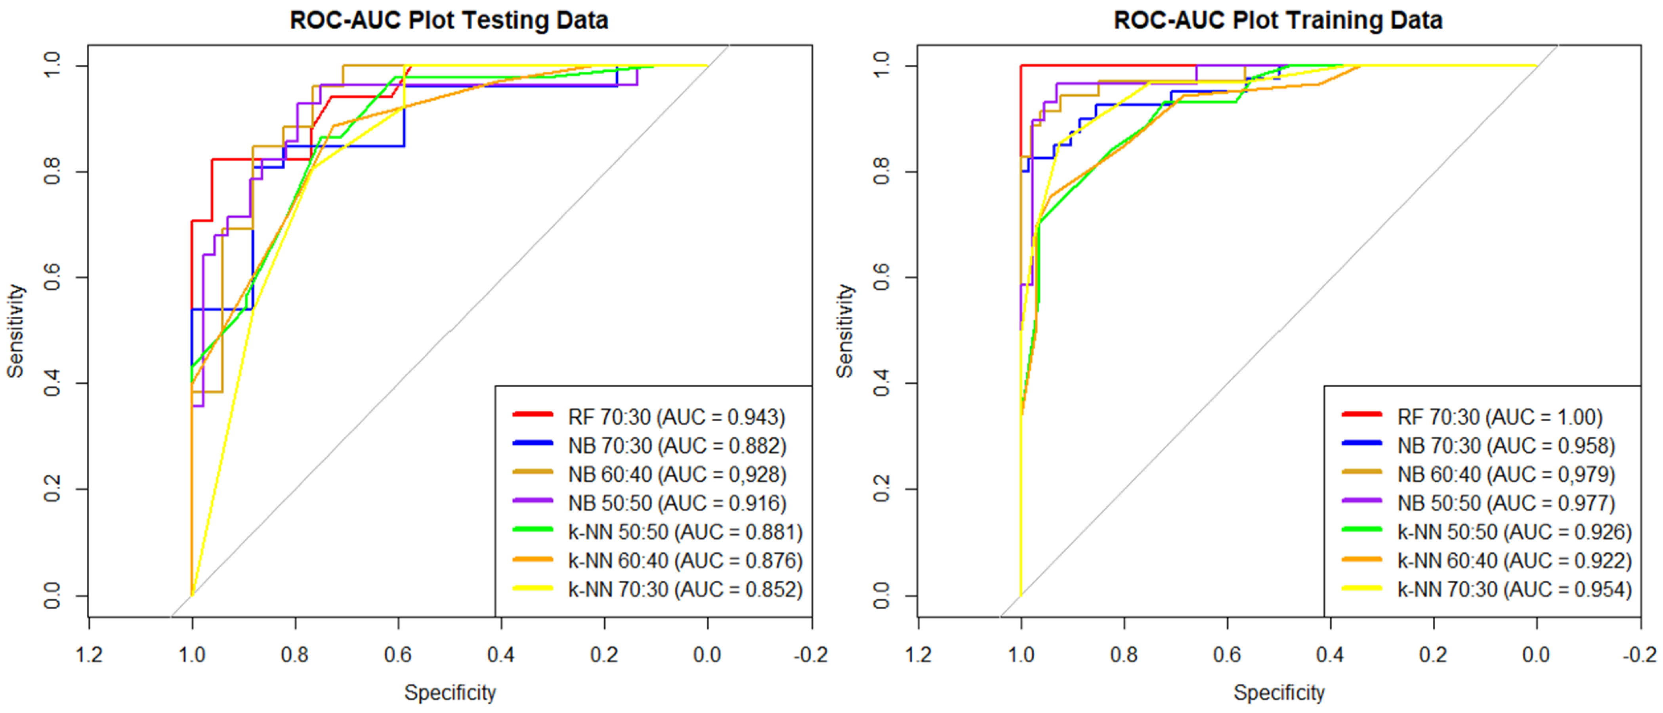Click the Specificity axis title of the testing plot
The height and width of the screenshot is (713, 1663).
pos(450,692)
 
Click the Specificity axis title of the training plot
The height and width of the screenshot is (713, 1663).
pos(1279,692)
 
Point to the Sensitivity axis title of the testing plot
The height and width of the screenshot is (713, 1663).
pos(15,330)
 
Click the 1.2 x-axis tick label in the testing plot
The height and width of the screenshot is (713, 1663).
pos(89,655)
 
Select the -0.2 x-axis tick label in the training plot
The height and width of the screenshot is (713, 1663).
pos(1640,655)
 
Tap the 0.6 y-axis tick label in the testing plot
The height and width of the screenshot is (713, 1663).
pos(52,277)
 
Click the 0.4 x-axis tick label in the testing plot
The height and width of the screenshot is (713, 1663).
pos(501,655)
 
